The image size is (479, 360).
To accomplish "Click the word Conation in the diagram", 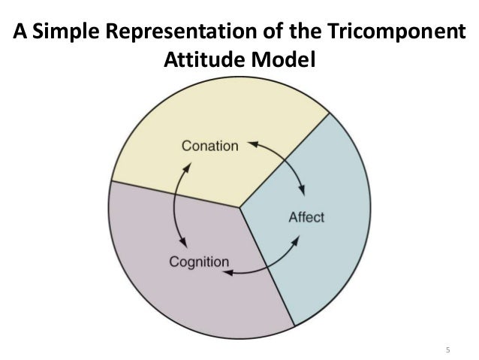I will click(209, 146).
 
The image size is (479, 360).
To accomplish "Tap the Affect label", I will click(306, 217).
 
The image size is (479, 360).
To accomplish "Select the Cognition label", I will click(197, 262).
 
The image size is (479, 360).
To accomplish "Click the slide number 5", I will click(447, 351).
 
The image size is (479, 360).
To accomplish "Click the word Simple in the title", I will click(67, 35).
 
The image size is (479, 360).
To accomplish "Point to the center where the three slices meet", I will click(239, 207).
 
